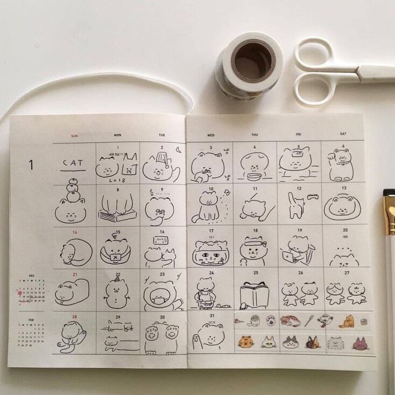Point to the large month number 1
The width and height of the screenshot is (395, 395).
pos(31,165)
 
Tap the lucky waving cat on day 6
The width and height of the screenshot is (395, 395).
pos(343,164)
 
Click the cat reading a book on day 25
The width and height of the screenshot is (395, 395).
pos(255,294)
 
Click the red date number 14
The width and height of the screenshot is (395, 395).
pos(75,232)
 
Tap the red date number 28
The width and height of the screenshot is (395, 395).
pos(74,317)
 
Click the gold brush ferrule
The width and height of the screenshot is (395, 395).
pos(389,213)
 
